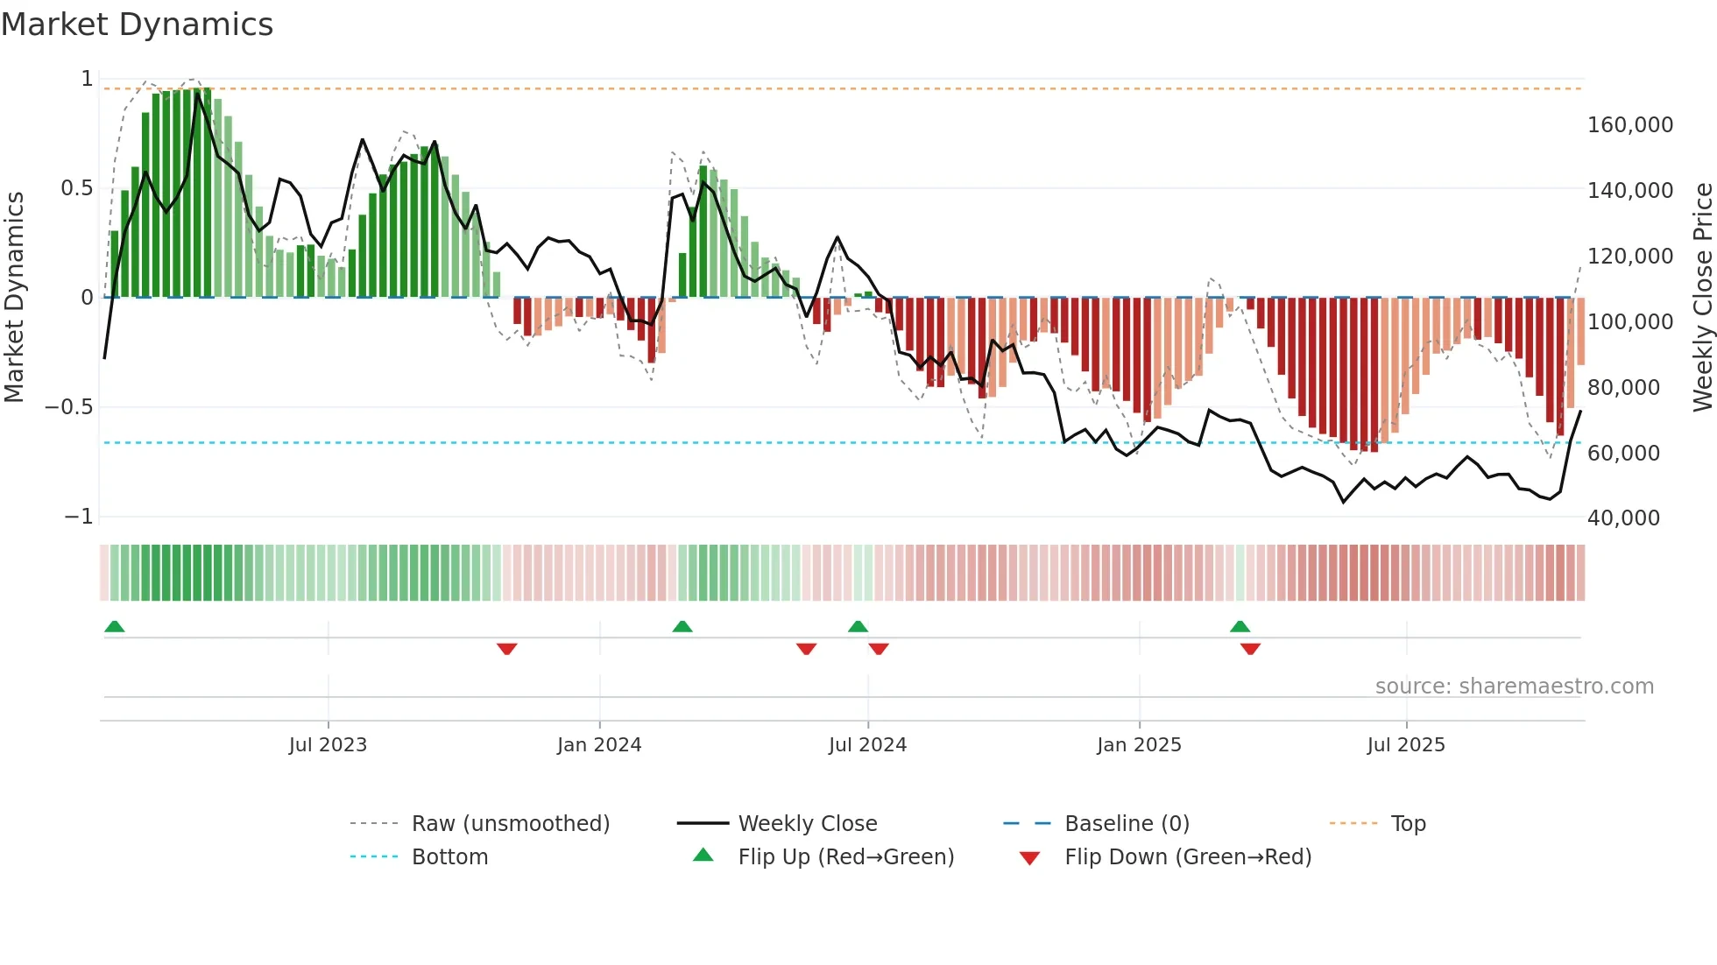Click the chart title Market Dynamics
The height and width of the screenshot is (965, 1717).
coord(138,25)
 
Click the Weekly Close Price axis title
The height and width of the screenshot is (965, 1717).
coord(1702,297)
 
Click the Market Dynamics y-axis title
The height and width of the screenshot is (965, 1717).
coord(14,297)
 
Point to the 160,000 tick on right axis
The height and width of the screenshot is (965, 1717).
coord(1629,125)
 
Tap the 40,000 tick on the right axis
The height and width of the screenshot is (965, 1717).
coord(1622,518)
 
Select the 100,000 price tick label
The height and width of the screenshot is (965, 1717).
coord(1629,322)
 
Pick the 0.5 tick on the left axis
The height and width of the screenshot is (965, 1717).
coord(76,188)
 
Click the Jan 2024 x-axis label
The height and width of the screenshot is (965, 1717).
coord(599,745)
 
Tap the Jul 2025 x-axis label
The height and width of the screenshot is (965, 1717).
coord(1406,745)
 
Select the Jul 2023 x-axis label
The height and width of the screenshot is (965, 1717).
coord(328,745)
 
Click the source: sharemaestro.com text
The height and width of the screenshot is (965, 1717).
coord(1514,687)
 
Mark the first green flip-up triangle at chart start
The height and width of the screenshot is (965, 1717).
coord(115,626)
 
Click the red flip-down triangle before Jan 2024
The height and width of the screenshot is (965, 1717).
coord(506,649)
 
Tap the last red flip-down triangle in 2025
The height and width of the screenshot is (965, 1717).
coord(1250,649)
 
